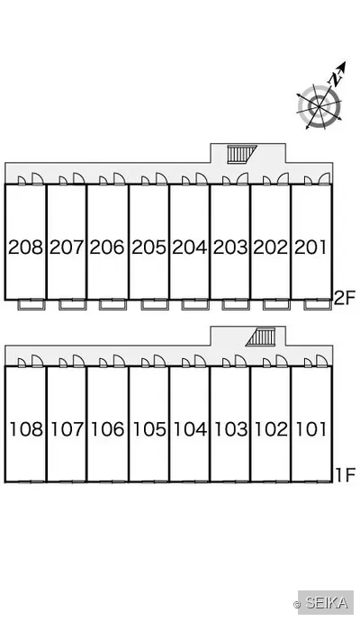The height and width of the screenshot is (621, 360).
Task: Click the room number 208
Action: tap(25, 247)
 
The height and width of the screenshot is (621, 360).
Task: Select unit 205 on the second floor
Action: tap(148, 247)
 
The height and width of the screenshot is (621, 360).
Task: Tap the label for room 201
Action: tap(310, 247)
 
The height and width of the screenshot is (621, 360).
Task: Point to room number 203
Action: tap(230, 247)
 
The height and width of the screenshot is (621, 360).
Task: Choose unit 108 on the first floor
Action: tap(26, 429)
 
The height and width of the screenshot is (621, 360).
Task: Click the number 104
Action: tap(191, 429)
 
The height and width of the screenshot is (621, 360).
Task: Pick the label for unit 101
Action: tap(311, 429)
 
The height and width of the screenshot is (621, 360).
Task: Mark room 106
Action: tap(108, 429)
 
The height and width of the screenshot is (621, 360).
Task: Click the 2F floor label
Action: tap(345, 298)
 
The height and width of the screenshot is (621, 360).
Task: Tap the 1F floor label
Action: tap(346, 475)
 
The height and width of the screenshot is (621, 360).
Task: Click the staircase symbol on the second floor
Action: tap(241, 154)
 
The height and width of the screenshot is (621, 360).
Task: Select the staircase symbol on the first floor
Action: tap(260, 337)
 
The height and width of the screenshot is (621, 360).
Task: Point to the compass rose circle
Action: tap(319, 106)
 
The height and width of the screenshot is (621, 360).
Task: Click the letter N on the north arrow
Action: tap(336, 79)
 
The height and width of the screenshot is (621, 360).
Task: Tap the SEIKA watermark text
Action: tap(327, 603)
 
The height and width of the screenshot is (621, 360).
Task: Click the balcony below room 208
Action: tap(31, 304)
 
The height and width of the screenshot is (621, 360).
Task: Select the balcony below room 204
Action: tap(195, 304)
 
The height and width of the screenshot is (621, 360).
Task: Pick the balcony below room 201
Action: tap(318, 304)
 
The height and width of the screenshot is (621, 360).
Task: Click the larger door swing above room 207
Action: tap(78, 178)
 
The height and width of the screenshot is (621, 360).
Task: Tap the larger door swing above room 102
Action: tap(282, 361)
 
